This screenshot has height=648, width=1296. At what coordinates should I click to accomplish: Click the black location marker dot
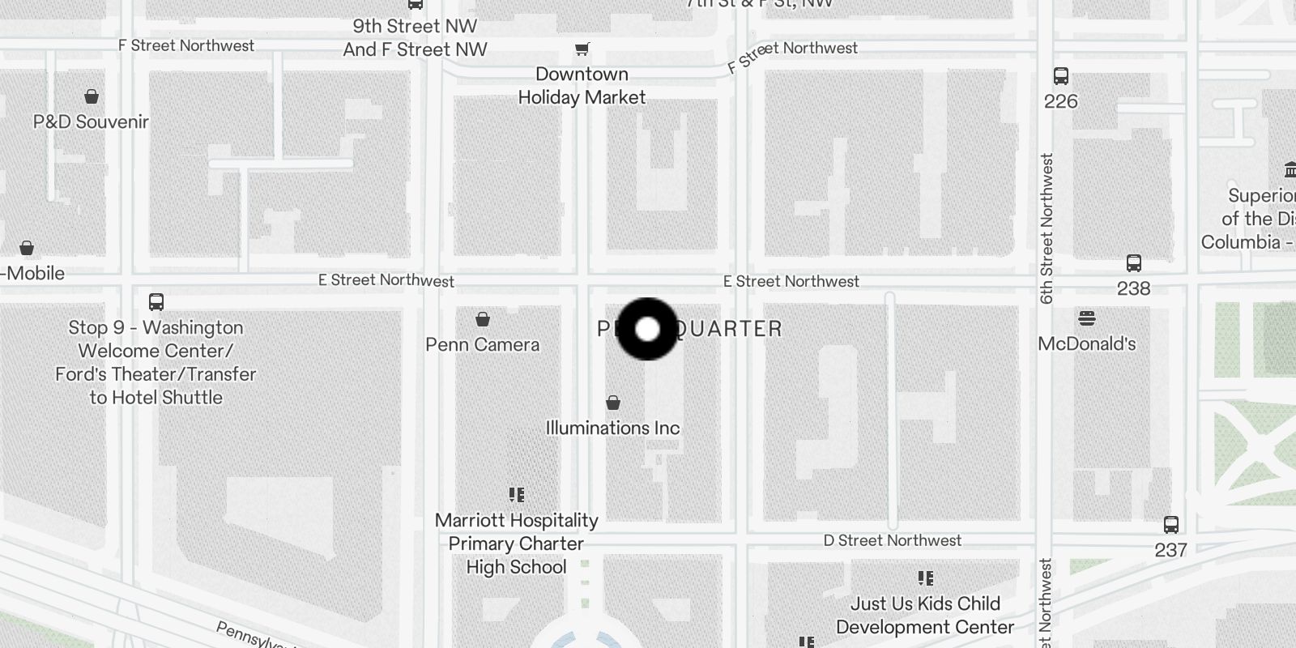coord(647,329)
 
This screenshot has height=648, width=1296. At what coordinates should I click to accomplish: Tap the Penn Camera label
coord(482,344)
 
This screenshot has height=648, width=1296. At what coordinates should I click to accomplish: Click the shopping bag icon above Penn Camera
coord(483,319)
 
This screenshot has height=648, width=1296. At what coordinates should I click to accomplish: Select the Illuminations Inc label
coord(612,428)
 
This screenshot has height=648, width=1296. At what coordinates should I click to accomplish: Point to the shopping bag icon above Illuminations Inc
coord(613,403)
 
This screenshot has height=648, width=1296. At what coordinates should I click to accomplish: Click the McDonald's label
coord(1086,343)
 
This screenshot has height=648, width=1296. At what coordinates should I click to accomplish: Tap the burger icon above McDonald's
coord(1087,318)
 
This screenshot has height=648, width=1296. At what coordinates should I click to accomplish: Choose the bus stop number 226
coord(1060,101)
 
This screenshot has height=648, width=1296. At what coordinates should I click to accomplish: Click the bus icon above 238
coord(1133,263)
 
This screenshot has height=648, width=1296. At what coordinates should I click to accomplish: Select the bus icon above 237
coord(1170,524)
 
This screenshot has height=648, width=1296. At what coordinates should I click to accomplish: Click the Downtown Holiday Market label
coord(582,86)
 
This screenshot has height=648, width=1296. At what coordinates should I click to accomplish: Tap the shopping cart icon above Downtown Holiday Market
coord(582,49)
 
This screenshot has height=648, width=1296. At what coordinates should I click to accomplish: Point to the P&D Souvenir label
coord(91,122)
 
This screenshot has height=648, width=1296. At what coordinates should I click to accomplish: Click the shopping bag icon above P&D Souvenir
coord(92,96)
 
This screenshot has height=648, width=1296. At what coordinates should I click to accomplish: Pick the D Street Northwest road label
coord(892,540)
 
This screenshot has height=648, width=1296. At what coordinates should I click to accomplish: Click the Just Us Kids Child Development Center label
coord(925,615)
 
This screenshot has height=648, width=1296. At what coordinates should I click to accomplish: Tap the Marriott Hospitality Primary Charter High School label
coord(516,544)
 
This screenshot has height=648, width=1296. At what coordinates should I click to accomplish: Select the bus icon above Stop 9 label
coord(156,302)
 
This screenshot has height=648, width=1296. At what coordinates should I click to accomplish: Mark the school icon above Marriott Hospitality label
coord(517,494)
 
